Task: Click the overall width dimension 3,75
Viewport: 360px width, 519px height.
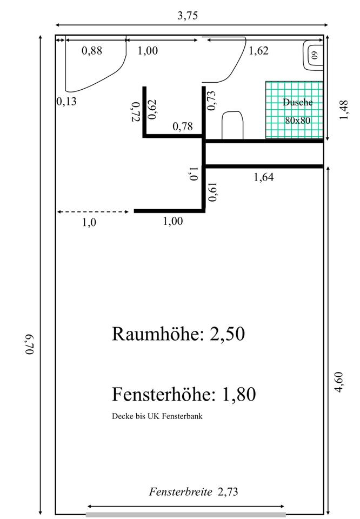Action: tap(188, 15)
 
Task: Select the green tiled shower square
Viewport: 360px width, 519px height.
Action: tap(294, 110)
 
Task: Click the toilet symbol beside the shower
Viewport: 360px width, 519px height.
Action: tap(233, 125)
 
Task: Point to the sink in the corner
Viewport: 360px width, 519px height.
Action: tap(313, 55)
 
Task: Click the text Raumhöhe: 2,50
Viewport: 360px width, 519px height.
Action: tap(178, 334)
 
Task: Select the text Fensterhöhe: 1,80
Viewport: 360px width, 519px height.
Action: tap(184, 394)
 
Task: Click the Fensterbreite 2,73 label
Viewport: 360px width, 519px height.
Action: tap(194, 491)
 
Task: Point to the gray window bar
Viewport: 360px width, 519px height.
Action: tap(185, 514)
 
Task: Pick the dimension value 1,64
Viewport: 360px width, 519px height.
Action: tap(264, 176)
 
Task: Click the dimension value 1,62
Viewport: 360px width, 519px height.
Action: tap(258, 51)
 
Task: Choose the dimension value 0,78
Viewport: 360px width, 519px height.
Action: tap(182, 127)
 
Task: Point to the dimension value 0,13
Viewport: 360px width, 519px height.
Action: tap(66, 101)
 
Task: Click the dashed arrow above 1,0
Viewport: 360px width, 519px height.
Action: tap(93, 211)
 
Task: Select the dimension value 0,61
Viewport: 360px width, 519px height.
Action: tap(213, 192)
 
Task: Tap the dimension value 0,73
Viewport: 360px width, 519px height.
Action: tap(212, 101)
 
